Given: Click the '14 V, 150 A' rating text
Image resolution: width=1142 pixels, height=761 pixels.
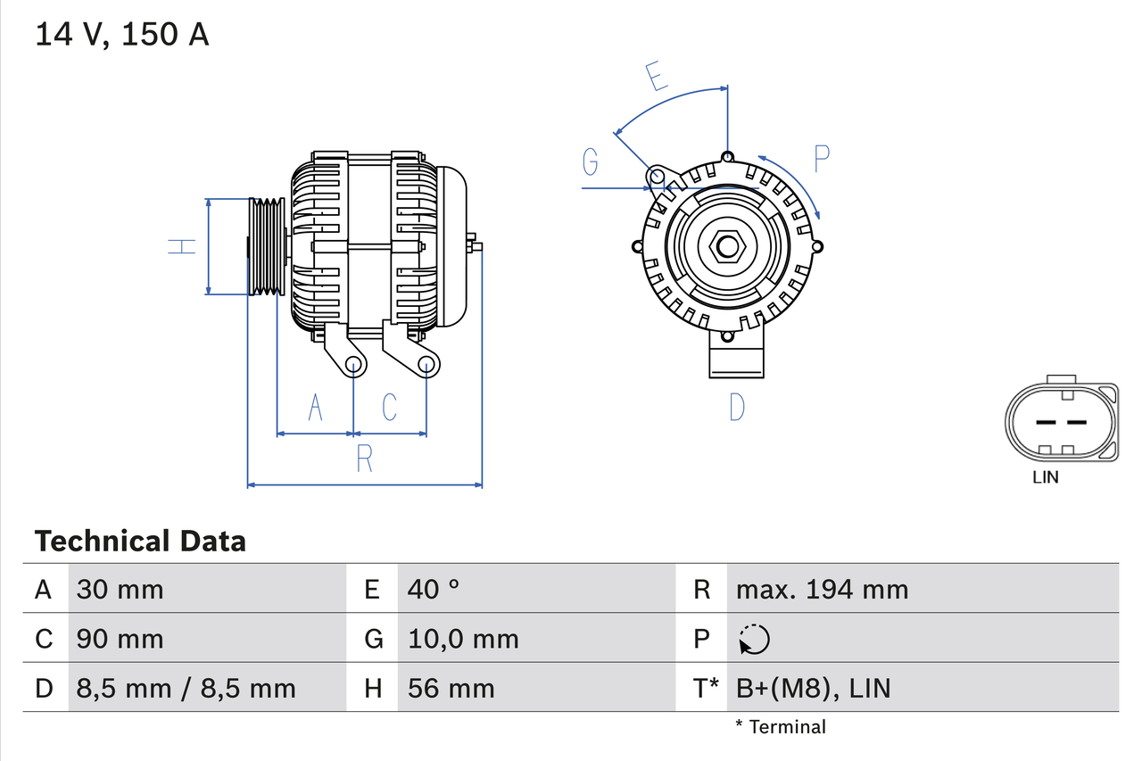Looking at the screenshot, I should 122,35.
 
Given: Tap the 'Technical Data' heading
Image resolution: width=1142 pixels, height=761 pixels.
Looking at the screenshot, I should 140,541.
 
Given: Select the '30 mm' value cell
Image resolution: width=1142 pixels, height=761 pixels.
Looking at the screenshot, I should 120,589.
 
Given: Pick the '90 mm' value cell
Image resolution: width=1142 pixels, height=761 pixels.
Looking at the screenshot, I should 120,639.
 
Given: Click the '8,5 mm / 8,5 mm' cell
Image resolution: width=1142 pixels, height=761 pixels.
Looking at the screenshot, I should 186,688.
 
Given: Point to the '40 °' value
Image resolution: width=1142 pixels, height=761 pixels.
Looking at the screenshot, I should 434,589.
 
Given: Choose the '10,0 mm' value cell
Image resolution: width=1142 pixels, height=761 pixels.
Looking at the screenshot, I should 463,639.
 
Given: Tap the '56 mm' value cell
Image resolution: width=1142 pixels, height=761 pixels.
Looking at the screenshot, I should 451,688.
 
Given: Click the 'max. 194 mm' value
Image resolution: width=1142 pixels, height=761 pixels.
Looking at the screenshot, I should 822,589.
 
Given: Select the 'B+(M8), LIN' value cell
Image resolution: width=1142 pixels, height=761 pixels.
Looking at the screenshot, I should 813,688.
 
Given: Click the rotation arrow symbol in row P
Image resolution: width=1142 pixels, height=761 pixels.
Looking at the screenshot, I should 754,640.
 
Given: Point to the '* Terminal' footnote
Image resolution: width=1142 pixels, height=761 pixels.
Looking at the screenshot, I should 781,727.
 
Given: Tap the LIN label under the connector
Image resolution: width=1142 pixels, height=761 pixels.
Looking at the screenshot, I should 1045,477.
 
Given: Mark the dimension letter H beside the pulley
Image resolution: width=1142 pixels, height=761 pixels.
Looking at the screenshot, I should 182,245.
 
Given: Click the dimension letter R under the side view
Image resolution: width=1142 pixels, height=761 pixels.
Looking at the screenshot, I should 364,458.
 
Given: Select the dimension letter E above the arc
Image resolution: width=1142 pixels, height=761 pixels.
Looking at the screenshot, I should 656,78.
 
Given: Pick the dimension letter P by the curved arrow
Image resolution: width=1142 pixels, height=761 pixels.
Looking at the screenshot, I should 822,159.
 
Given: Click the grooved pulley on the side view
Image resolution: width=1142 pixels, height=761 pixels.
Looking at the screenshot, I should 266,246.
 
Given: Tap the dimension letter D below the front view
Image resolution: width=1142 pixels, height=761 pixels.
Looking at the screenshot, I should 736,407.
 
